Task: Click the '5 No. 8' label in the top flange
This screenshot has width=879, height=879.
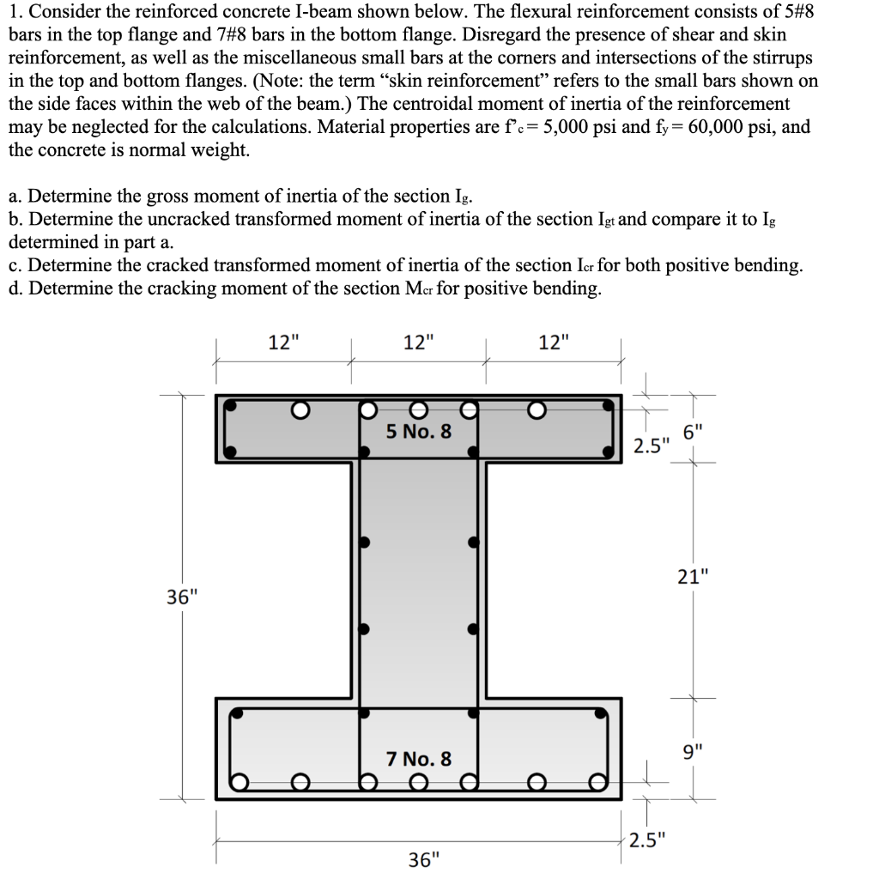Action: [x=418, y=431]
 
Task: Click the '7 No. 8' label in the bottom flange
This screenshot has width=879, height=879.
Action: [x=418, y=759]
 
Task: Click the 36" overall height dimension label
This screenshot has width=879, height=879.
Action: [x=180, y=596]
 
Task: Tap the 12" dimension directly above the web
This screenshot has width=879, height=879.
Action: [x=418, y=343]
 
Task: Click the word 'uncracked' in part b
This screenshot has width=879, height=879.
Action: [x=157, y=219]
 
